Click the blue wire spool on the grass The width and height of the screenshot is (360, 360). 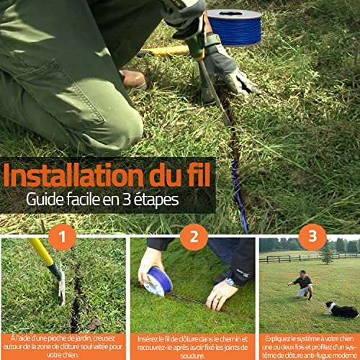tap(235, 27)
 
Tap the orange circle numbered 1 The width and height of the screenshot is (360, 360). tap(63, 237)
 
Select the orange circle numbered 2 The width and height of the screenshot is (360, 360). tap(194, 237)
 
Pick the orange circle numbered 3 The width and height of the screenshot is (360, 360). tap(312, 237)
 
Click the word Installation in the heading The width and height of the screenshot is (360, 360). tap(74, 175)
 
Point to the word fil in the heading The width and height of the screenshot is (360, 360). tap(199, 175)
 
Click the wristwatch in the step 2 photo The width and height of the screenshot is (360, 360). tap(231, 282)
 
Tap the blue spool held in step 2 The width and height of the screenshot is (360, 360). tap(158, 282)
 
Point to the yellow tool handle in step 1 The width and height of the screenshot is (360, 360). tap(41, 252)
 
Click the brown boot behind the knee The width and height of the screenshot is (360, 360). tap(133, 78)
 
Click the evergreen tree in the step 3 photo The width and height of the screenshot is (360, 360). tap(326, 253)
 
